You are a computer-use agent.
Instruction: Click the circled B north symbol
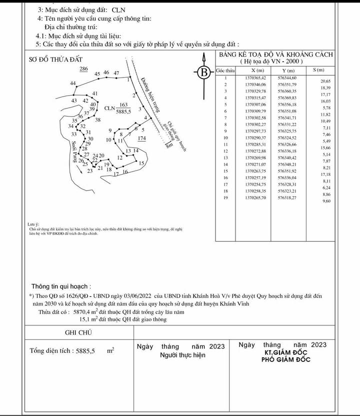[204, 73]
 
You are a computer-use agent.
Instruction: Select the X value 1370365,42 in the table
[255, 78]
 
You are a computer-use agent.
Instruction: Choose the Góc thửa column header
[225, 71]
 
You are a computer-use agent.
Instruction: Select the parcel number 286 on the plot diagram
[84, 69]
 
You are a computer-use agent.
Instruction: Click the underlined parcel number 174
[141, 138]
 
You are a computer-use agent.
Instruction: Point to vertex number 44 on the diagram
[73, 83]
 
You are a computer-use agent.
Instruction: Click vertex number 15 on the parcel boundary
[141, 164]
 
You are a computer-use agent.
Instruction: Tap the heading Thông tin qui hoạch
[61, 287]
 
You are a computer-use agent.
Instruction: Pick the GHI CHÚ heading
[78, 332]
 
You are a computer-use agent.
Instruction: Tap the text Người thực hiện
[182, 355]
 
